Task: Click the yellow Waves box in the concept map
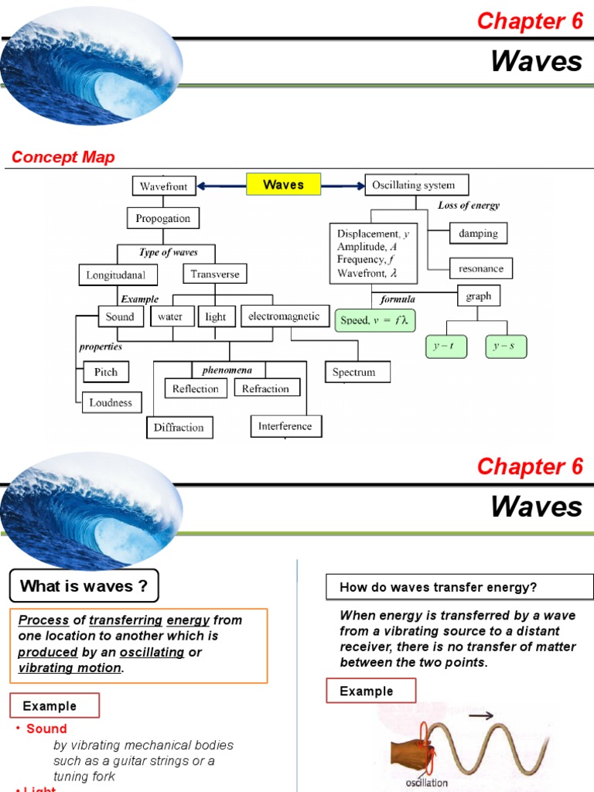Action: click(282, 184)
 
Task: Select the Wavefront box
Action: click(164, 186)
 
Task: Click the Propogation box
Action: click(163, 218)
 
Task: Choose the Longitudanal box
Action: click(118, 275)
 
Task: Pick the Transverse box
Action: click(215, 274)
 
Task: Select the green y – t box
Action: click(446, 347)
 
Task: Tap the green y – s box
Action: click(506, 347)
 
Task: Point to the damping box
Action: click(478, 233)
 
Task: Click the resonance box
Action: click(480, 269)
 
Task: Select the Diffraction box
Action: click(178, 427)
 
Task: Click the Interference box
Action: click(285, 426)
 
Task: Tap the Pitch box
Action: click(106, 372)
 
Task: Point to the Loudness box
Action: click(111, 402)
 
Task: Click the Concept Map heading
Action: click(63, 157)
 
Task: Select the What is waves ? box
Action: click(84, 586)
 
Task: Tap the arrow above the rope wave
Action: click(480, 716)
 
